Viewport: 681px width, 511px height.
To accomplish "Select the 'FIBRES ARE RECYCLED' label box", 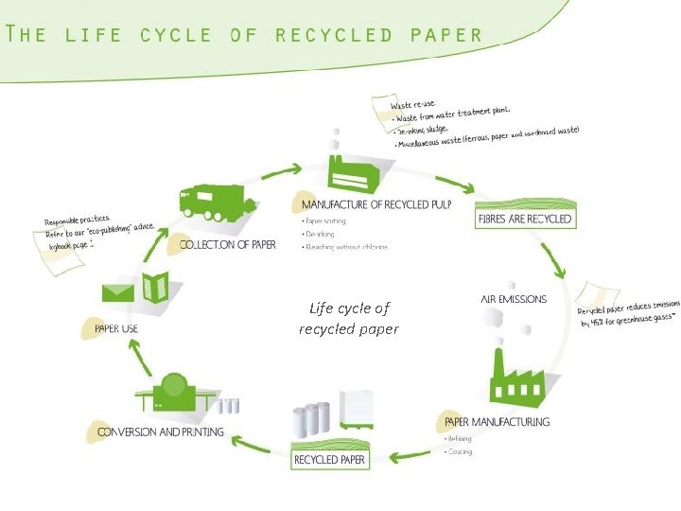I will click(x=526, y=219).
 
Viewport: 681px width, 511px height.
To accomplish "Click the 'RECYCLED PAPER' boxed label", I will click(x=329, y=460).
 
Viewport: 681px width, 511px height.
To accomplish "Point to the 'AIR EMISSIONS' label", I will click(x=514, y=299).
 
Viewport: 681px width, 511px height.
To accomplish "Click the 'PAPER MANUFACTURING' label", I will click(x=497, y=421).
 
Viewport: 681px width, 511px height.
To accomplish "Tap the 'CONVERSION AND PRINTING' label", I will click(x=161, y=432).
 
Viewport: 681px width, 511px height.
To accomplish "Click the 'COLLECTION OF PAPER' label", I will click(x=228, y=244).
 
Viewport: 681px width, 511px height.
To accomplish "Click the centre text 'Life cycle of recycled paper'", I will click(x=349, y=319).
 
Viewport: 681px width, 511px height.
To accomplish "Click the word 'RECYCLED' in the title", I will click(x=334, y=35).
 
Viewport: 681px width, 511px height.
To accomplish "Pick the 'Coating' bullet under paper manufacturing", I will click(x=460, y=451).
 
